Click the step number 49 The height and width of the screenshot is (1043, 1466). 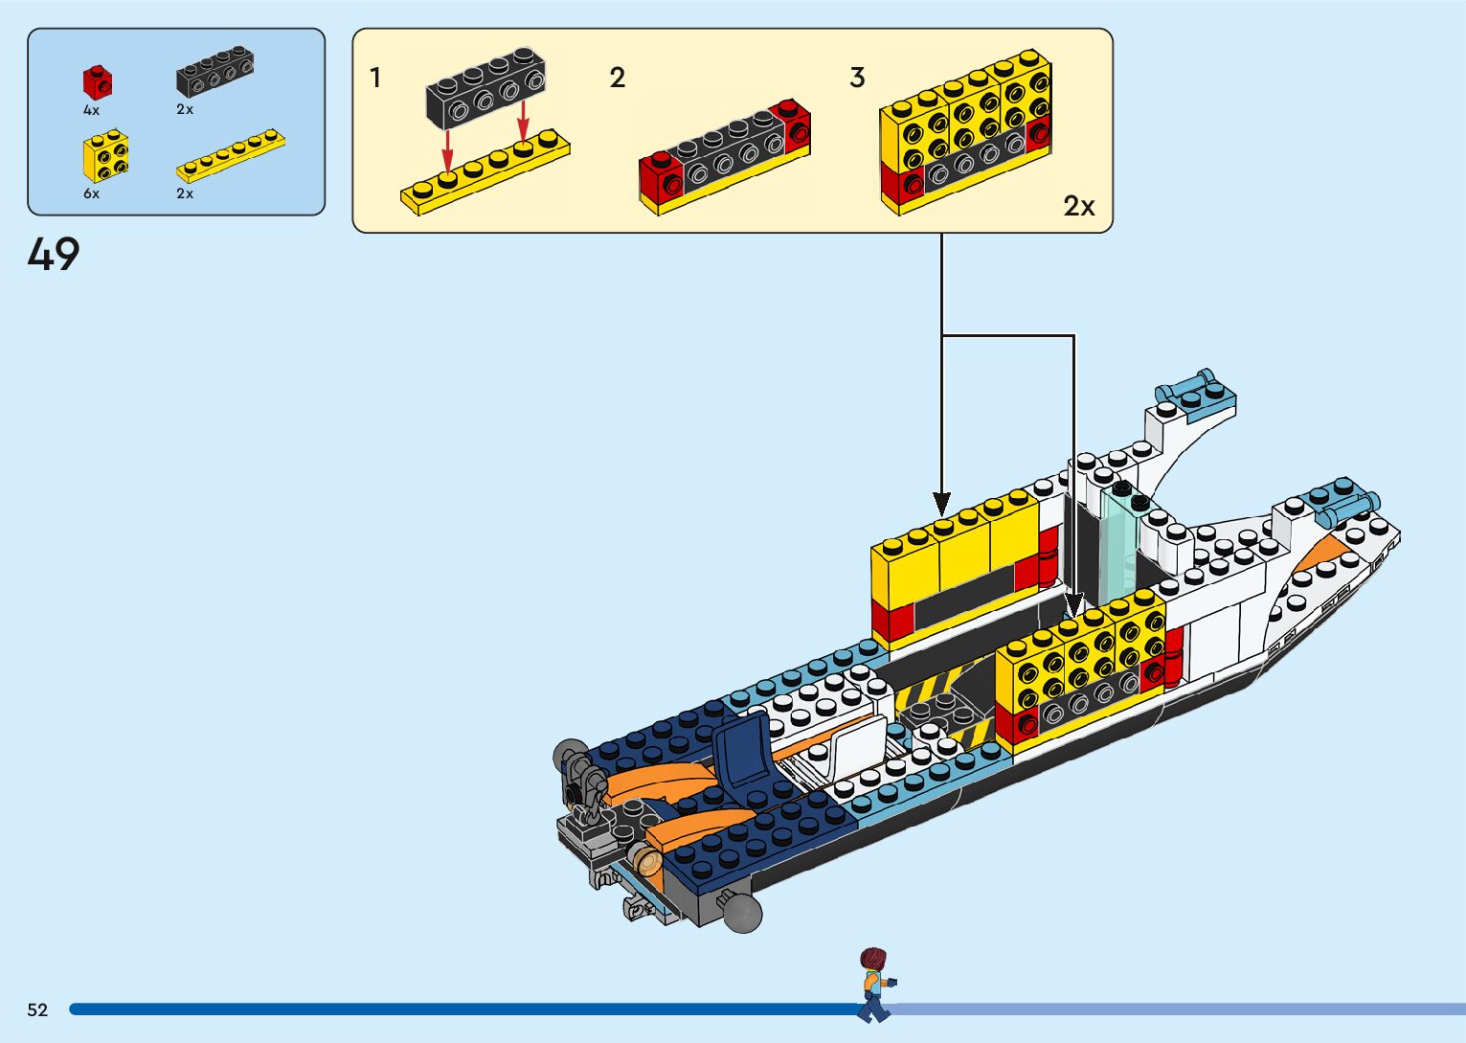(54, 255)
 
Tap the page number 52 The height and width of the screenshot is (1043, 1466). (37, 1009)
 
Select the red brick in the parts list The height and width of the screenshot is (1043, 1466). (97, 81)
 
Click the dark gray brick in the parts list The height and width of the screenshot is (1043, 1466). (214, 73)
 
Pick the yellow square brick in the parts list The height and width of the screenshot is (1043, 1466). (105, 157)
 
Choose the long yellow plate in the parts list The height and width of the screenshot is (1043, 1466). (231, 156)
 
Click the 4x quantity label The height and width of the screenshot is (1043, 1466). (91, 110)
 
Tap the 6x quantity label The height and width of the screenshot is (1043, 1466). (91, 193)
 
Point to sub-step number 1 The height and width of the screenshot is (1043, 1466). (375, 78)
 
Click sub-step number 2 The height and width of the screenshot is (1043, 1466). (618, 78)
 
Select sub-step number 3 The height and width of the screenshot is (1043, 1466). (857, 78)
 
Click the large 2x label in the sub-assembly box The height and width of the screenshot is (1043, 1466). (1079, 206)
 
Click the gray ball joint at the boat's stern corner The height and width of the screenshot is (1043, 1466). (742, 912)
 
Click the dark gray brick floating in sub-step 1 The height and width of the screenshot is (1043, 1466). (485, 87)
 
